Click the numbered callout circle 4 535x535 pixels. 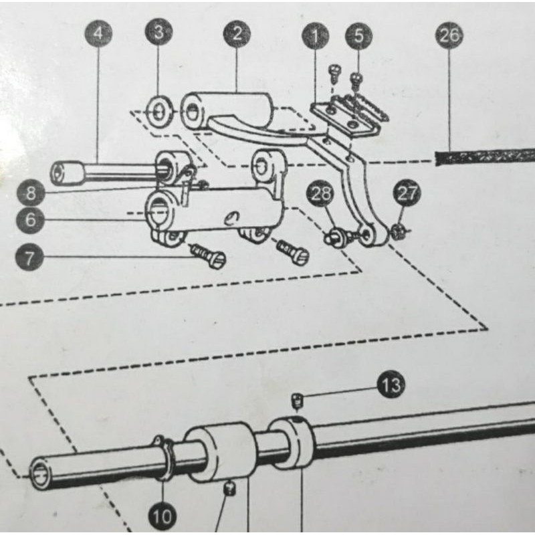[x=98, y=34]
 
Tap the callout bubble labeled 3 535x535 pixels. [x=158, y=31]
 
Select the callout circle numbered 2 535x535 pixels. [x=237, y=34]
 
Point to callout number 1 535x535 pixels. [x=315, y=35]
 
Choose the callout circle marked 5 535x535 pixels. [x=358, y=36]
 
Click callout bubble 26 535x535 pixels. [x=449, y=35]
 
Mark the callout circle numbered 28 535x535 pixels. [x=321, y=193]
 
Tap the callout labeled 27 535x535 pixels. [x=407, y=193]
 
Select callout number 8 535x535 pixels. [x=31, y=193]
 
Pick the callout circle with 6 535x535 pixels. [x=30, y=220]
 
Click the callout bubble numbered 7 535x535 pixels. [x=29, y=257]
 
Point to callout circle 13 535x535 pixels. [x=391, y=385]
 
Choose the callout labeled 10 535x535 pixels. [x=163, y=516]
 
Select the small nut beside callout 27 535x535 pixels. [x=397, y=231]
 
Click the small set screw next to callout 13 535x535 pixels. [x=297, y=401]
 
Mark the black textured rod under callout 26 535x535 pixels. [x=485, y=157]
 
